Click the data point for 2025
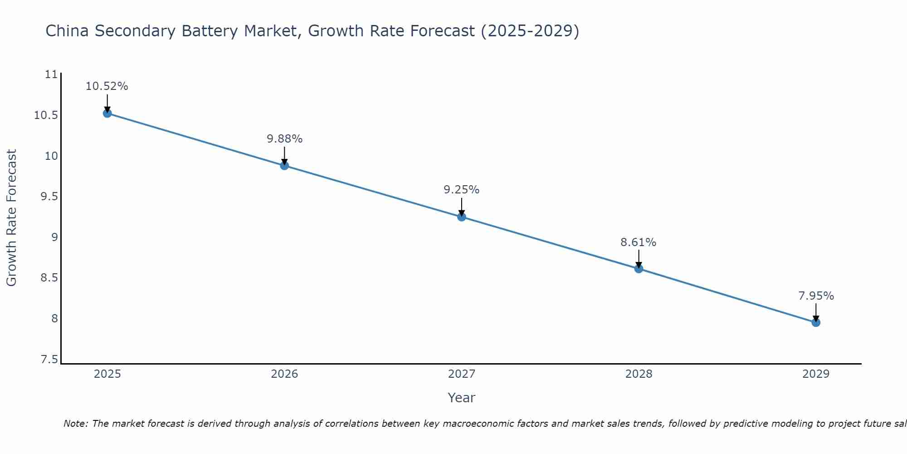pos(107,113)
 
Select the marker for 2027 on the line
pos(462,217)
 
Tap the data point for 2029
pos(816,323)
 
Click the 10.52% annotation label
pos(107,86)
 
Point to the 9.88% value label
pos(284,139)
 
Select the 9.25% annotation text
pos(461,190)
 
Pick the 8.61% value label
pos(638,242)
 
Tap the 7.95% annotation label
pos(816,296)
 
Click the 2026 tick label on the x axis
pos(284,374)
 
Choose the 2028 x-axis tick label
pos(639,374)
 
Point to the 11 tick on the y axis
pos(52,74)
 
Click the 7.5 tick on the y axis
pos(49,360)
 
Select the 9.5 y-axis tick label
pos(49,197)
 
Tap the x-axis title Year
pos(461,398)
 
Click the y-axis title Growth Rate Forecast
pos(11,217)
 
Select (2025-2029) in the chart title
pos(530,31)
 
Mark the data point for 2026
pos(284,166)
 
